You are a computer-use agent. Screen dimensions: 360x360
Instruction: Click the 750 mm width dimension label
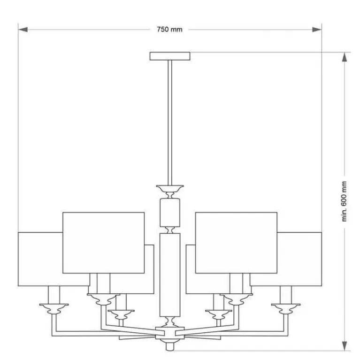(169, 30)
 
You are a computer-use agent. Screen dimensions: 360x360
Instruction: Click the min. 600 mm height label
(344, 201)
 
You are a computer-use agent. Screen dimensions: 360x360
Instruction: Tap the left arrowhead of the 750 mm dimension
(23, 30)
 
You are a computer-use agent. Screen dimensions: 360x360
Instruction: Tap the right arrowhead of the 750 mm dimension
(317, 30)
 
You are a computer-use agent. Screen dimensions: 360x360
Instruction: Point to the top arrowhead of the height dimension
(345, 57)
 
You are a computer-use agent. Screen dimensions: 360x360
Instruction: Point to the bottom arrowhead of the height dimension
(345, 346)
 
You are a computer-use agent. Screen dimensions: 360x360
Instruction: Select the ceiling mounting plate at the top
(170, 56)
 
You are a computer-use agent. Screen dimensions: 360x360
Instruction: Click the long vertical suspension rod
(170, 123)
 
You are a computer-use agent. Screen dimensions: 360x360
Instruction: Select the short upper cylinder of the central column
(170, 213)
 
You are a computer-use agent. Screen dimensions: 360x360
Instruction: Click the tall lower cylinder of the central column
(170, 275)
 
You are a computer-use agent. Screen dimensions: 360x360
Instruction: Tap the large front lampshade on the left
(104, 243)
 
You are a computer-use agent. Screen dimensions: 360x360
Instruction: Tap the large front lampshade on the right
(236, 243)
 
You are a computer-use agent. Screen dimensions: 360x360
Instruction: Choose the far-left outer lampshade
(40, 259)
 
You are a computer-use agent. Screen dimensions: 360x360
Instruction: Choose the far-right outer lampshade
(299, 259)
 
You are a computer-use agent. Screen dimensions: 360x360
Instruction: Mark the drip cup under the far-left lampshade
(54, 308)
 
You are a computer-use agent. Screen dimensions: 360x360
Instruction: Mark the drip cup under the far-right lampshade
(286, 308)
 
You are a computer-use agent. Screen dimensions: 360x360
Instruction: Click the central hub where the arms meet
(170, 333)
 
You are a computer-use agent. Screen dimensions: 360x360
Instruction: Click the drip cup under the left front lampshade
(104, 299)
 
